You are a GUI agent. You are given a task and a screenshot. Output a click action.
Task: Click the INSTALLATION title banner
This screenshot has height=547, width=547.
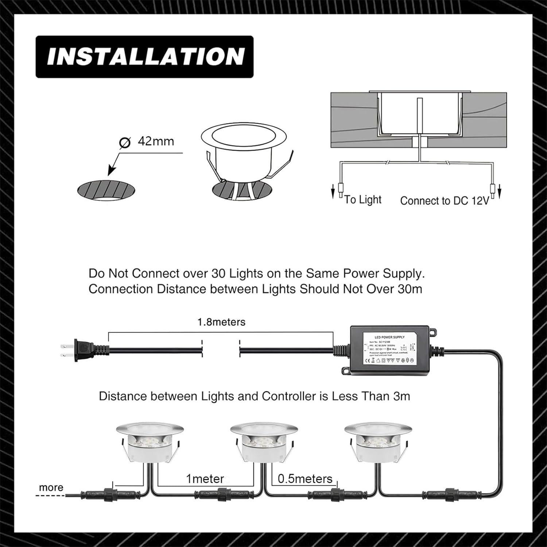point(144,57)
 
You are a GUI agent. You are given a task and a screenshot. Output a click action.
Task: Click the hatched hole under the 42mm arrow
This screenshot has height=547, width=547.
point(106,190)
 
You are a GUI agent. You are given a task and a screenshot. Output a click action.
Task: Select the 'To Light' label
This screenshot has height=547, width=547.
point(362,199)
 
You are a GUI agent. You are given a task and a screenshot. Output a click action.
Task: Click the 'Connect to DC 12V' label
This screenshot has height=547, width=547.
point(445,201)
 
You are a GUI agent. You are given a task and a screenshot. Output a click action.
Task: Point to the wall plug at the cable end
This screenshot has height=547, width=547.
point(84,350)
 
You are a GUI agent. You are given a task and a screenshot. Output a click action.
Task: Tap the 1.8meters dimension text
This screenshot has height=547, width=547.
point(221,322)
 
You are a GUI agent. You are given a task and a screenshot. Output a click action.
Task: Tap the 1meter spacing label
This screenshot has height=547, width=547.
point(205,478)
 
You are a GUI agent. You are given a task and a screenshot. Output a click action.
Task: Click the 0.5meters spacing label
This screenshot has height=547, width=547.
point(305,478)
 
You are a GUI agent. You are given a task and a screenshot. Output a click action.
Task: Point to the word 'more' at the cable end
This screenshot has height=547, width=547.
point(51,488)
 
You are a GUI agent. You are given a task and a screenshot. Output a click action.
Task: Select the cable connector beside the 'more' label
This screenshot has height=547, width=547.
point(118,495)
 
